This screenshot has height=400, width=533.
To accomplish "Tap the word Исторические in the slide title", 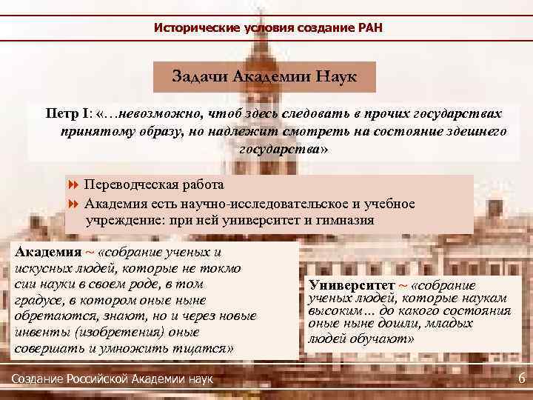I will point(190,28).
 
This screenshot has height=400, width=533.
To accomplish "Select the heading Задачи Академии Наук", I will point(265,76).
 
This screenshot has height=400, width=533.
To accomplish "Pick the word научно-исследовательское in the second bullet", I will point(244,204).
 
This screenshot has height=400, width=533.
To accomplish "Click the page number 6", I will point(522,379).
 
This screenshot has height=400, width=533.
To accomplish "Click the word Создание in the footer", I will point(38,379).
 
